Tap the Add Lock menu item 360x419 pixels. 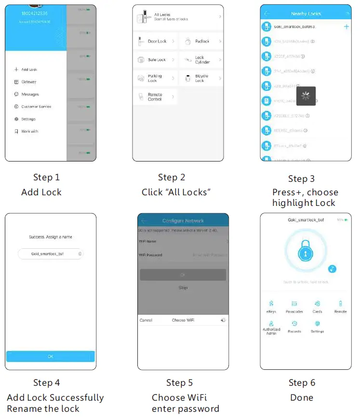pos(29,70)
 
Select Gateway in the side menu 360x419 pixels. pos(28,82)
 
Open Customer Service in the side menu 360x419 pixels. pos(36,107)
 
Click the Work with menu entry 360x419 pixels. pos(29,131)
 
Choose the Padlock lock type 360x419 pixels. pos(202,41)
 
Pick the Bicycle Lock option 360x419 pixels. pos(201,78)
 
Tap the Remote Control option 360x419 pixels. pos(155,97)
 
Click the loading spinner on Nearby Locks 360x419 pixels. pos(306,96)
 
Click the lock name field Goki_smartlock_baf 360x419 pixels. pos(50,254)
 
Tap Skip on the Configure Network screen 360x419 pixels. pos(183,288)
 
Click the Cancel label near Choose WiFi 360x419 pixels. pos(146,320)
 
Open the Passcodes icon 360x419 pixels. pos(294,307)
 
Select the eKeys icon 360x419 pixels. pos(271,307)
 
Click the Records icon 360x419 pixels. pos(294,326)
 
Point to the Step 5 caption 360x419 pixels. pos(179,383)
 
